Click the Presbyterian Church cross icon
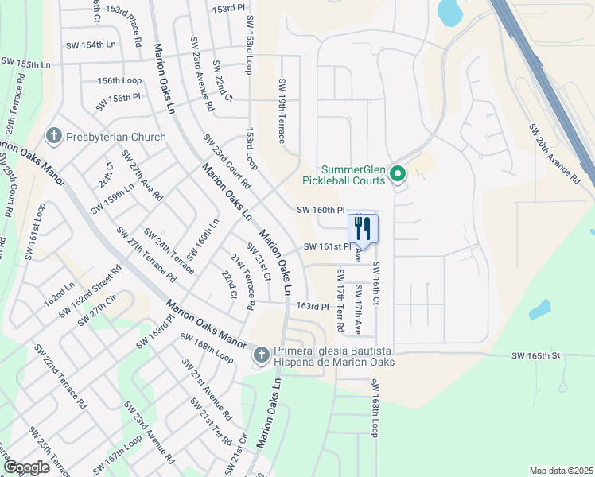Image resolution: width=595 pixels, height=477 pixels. (54, 137)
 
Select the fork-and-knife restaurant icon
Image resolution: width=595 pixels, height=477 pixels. (363, 229)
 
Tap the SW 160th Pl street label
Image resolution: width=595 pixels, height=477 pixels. (321, 211)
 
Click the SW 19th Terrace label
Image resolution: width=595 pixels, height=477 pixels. (282, 111)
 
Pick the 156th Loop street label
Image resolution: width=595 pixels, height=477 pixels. (119, 80)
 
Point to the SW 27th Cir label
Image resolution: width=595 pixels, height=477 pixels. (97, 309)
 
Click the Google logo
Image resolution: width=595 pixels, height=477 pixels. (26, 467)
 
